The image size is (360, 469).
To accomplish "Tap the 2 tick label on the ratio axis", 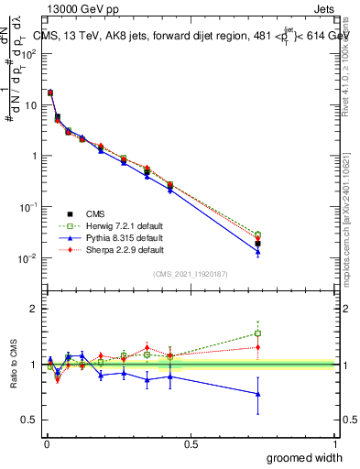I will [x=33, y=309].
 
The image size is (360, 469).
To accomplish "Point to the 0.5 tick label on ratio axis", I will [x=30, y=420].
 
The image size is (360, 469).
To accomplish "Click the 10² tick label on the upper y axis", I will [x=28, y=53].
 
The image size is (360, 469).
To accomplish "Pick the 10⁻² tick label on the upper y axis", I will [x=28, y=258].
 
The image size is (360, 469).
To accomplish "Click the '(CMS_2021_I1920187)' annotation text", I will [x=190, y=274].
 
